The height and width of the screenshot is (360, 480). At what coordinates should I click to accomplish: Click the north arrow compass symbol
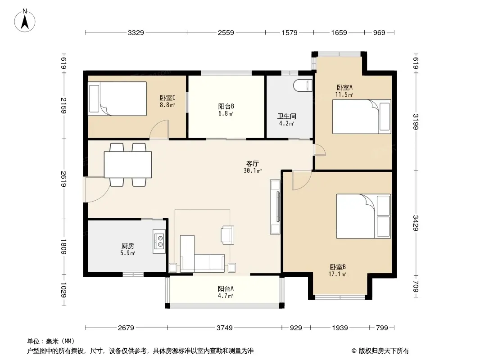click(25, 20)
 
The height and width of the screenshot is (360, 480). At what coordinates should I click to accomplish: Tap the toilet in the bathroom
click(303, 85)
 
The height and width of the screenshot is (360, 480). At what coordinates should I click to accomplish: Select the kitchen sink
click(159, 241)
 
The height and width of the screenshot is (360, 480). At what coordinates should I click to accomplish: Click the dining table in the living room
click(128, 165)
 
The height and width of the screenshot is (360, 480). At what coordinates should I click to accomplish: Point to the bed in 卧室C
click(117, 99)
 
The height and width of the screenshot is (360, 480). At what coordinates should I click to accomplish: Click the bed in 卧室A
click(362, 117)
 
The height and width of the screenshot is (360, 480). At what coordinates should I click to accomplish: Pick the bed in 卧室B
click(363, 216)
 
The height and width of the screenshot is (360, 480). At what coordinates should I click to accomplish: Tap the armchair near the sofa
click(228, 235)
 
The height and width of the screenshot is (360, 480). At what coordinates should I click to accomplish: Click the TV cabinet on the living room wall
click(275, 207)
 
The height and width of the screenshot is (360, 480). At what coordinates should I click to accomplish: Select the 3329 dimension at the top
click(136, 32)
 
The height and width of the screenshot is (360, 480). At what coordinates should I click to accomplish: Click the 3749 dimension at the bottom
click(225, 328)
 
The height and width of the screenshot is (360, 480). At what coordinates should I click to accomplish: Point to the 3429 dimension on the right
click(416, 223)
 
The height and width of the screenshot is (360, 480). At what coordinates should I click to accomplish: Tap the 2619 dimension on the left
click(63, 179)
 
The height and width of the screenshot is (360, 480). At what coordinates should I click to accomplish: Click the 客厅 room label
click(252, 164)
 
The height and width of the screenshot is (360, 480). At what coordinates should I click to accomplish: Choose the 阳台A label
click(226, 288)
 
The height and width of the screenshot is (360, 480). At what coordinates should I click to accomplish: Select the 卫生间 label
click(286, 116)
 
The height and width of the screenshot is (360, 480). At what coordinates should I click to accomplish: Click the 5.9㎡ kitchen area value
click(127, 253)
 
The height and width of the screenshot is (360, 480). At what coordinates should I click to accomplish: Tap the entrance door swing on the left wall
click(96, 189)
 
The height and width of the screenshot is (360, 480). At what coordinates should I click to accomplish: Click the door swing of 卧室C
click(159, 130)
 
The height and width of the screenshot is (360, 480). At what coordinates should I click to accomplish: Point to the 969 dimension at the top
click(379, 32)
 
